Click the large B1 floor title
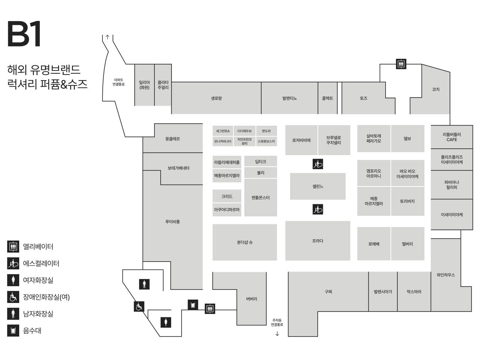[x=24, y=34]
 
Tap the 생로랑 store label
[x=216, y=98]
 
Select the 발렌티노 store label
[x=289, y=98]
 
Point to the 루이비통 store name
[x=172, y=222]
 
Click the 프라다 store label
[x=318, y=241]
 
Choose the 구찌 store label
[x=328, y=291]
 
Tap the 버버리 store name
[x=252, y=299]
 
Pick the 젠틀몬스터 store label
[x=261, y=198]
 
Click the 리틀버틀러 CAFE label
[x=452, y=137]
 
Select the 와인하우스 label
[x=445, y=275]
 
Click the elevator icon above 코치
[x=401, y=64]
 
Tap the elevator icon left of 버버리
[x=210, y=309]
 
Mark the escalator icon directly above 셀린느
[x=318, y=164]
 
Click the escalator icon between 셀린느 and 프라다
[x=318, y=209]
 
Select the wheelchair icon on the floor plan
[x=139, y=306]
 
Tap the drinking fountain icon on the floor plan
[x=193, y=304]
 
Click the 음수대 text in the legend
[x=32, y=331]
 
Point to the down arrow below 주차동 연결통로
[x=277, y=334]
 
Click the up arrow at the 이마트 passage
[x=108, y=37]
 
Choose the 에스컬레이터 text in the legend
[x=41, y=264]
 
